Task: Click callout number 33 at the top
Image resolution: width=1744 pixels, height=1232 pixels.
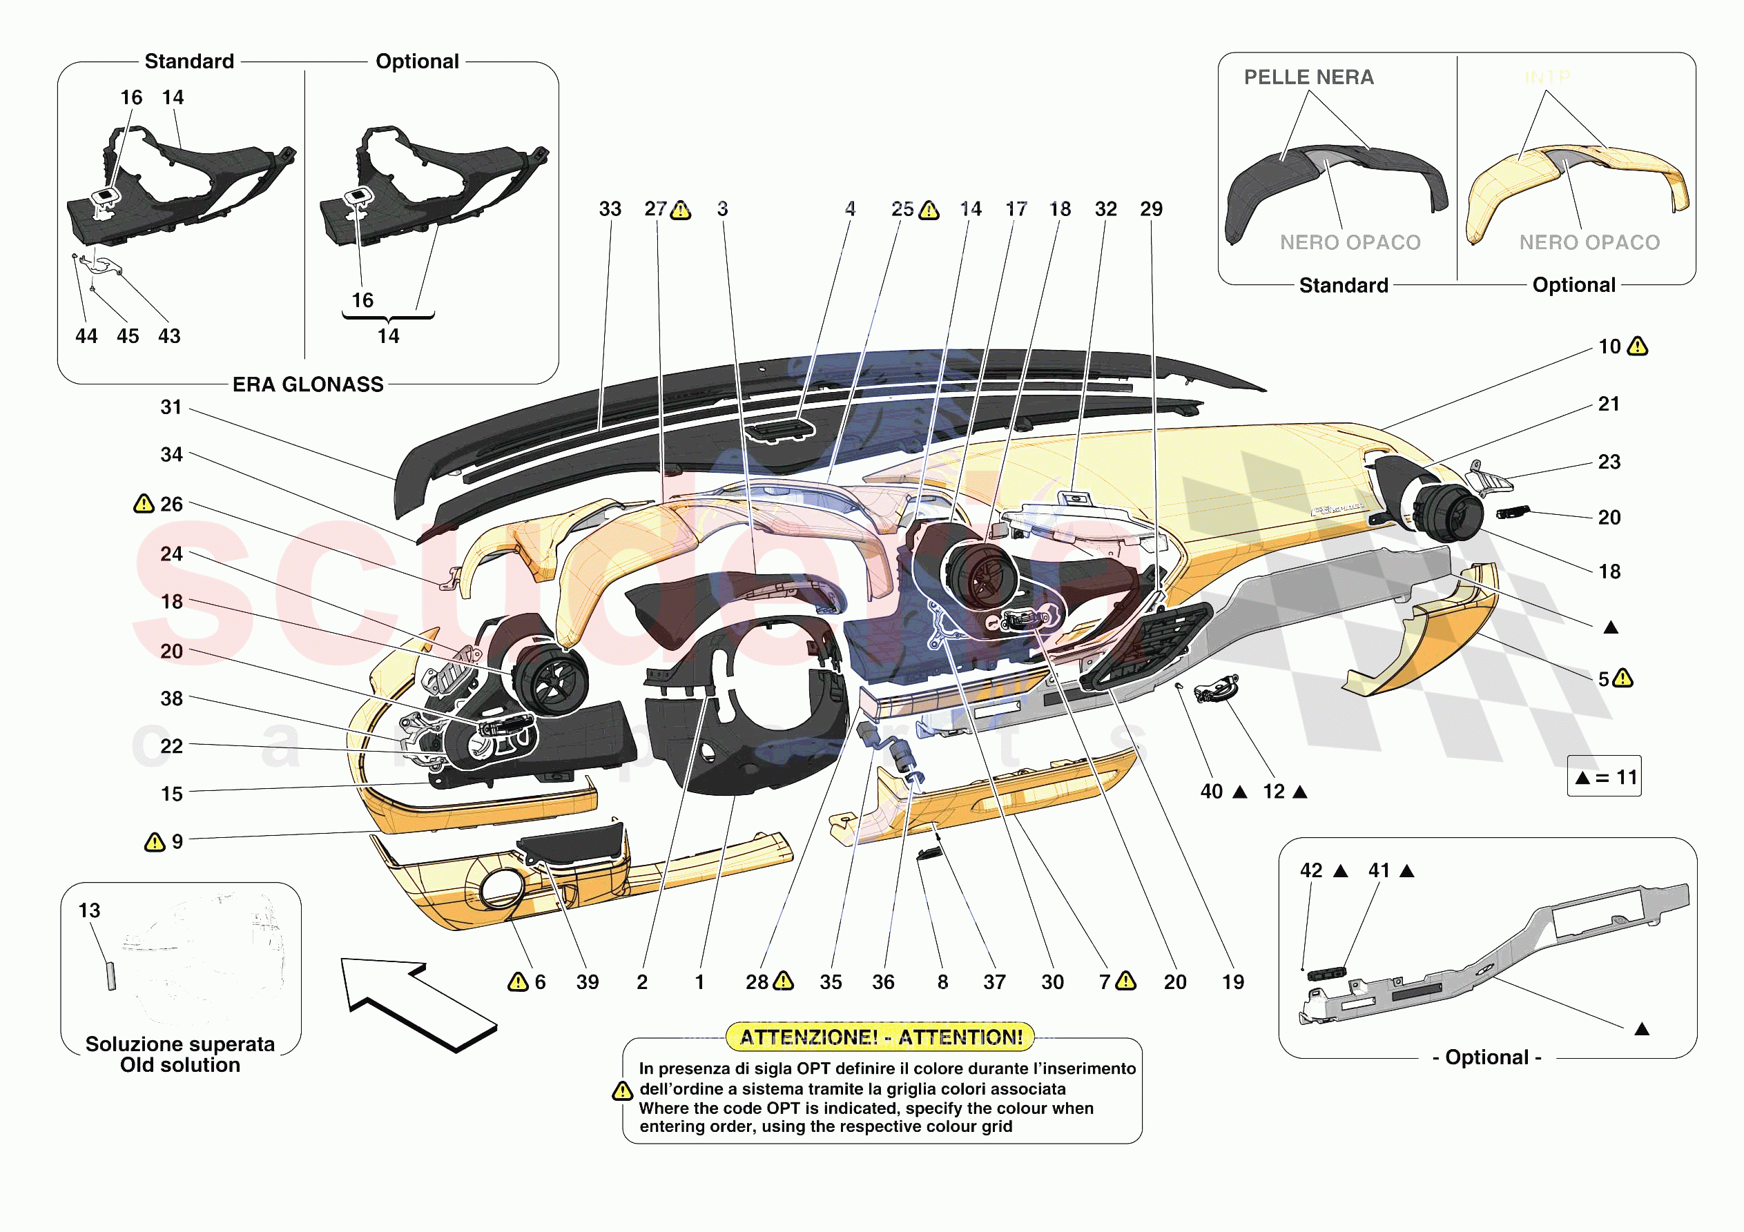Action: [610, 209]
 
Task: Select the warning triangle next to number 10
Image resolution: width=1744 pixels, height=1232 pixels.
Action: [1638, 347]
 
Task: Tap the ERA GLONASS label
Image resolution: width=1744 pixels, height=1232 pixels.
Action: [308, 384]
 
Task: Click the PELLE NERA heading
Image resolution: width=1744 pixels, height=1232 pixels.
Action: [1308, 77]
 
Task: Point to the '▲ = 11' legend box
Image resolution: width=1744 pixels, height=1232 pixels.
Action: [1603, 776]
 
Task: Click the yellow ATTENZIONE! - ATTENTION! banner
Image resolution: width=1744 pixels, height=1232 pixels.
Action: [880, 1037]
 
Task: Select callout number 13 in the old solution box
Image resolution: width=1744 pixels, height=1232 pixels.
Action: [89, 910]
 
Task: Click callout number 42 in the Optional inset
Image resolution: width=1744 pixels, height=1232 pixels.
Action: [1311, 870]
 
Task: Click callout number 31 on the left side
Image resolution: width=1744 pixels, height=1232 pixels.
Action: [171, 407]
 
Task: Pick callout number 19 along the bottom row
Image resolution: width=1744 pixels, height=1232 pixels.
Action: [1233, 982]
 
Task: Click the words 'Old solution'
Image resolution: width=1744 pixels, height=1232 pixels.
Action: [180, 1065]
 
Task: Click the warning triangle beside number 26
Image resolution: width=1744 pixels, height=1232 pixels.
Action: [144, 504]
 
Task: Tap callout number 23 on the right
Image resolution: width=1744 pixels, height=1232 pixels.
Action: [1609, 462]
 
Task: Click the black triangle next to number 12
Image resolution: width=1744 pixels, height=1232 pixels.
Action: [1299, 792]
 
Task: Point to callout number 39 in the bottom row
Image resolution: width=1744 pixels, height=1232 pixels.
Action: [587, 982]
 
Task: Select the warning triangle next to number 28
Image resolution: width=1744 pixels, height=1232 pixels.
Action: [783, 981]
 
